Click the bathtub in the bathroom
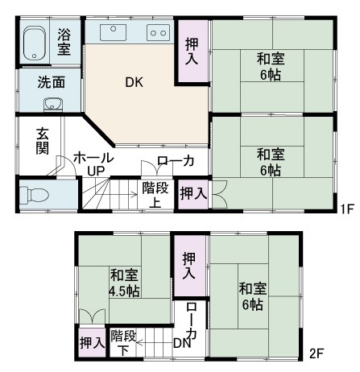pyautogui.click(x=34, y=43)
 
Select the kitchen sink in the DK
pyautogui.click(x=113, y=32)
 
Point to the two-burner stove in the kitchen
pyautogui.click(x=159, y=32)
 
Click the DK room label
pyautogui.click(x=134, y=82)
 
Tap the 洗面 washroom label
pyautogui.click(x=52, y=82)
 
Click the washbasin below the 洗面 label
pyautogui.click(x=53, y=105)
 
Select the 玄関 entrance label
pyautogui.click(x=43, y=141)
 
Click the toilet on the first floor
pyautogui.click(x=35, y=194)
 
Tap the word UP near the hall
pyautogui.click(x=96, y=171)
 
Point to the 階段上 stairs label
pyautogui.click(x=155, y=195)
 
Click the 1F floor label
pyautogui.click(x=347, y=209)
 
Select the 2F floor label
pyautogui.click(x=316, y=353)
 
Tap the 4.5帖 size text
pyautogui.click(x=124, y=291)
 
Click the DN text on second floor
pyautogui.click(x=182, y=343)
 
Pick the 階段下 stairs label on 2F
pyautogui.click(x=123, y=342)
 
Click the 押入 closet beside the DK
pyautogui.click(x=192, y=51)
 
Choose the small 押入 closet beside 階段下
pyautogui.click(x=92, y=343)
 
